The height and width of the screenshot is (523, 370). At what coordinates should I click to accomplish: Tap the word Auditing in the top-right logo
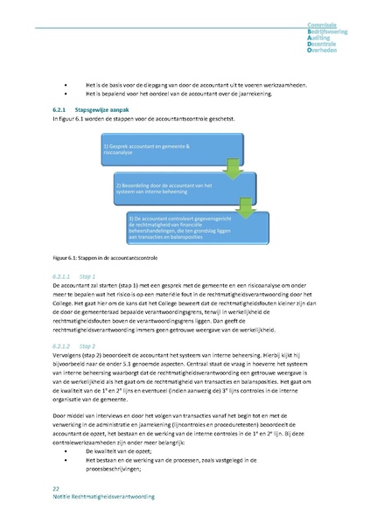322,38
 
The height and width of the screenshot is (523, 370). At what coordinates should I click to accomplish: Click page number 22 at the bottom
56,487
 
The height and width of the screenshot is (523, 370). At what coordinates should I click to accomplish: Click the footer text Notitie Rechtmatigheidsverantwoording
103,496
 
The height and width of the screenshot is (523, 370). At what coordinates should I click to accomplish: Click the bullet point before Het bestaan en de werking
64,459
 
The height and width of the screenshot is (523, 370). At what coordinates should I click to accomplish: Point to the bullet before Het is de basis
64,79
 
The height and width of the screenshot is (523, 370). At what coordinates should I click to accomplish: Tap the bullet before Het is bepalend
64,90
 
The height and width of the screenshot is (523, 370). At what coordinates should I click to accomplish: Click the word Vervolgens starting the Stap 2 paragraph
69,358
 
